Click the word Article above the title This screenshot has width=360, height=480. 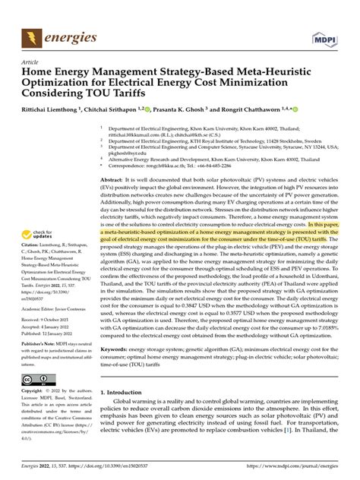coord(31,62)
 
